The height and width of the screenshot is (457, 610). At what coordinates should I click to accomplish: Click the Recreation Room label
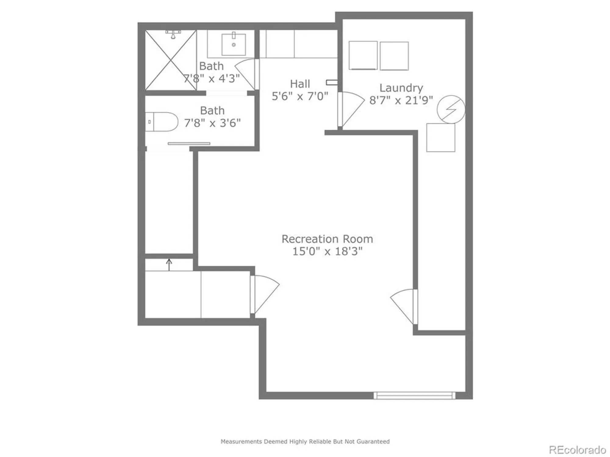tap(327, 239)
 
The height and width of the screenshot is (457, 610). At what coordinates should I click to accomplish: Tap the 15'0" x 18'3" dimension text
tap(327, 252)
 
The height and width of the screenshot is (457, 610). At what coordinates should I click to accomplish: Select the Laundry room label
tap(401, 88)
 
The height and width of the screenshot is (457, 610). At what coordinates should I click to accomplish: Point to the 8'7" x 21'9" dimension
tap(401, 100)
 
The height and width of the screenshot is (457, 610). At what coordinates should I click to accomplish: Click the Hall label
tap(300, 84)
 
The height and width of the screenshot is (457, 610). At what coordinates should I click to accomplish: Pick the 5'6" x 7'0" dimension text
tap(300, 97)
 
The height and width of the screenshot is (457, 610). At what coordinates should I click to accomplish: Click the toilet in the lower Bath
tap(162, 122)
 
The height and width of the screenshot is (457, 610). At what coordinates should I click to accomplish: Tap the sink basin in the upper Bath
tap(234, 44)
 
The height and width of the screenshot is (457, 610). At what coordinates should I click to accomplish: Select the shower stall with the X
tap(170, 60)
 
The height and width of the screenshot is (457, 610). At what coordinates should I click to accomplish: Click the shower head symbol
tap(173, 34)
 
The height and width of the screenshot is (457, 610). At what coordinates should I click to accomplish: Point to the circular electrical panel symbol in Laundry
tap(451, 109)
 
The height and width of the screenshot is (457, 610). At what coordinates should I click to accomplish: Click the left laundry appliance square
tap(363, 55)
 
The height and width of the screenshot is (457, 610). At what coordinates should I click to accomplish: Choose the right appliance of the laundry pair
tap(394, 56)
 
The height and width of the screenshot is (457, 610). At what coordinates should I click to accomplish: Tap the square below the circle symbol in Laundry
tap(440, 137)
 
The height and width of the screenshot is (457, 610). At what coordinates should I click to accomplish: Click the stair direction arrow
tap(169, 264)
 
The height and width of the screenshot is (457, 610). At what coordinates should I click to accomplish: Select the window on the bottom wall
tap(414, 395)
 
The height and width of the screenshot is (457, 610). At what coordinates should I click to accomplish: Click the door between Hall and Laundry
tap(351, 109)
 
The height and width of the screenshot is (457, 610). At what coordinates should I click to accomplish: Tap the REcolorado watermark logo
tap(577, 450)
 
